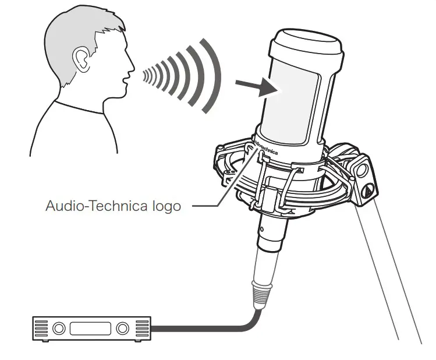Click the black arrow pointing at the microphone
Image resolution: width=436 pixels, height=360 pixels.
(257, 87)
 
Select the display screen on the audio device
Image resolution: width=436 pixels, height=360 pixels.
(90, 329)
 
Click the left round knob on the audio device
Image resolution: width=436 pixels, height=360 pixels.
(59, 329)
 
